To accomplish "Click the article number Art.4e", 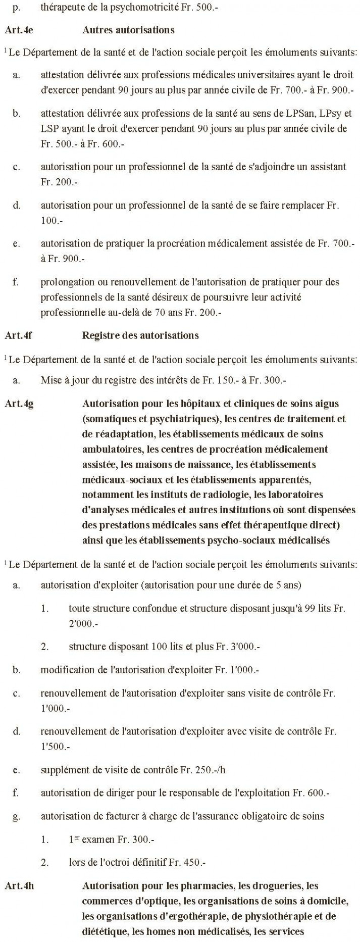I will (19, 30).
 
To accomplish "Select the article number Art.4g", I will (19, 404).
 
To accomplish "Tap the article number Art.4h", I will (19, 885).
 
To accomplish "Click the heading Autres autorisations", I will (128, 30).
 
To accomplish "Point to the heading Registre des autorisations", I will (140, 335).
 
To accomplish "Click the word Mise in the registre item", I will (50, 380).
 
